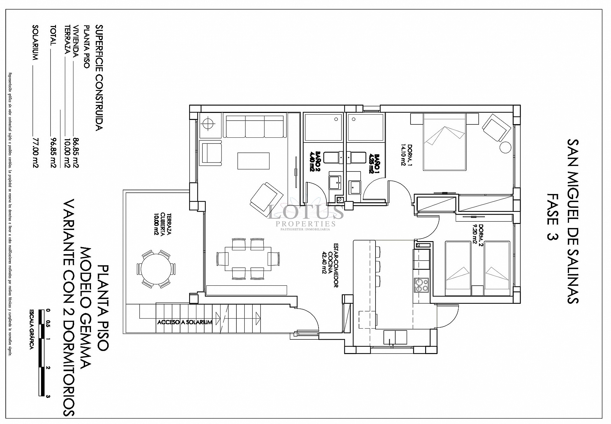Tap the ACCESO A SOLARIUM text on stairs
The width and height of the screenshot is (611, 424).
[x=185, y=322]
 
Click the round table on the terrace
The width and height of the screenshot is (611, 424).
[x=156, y=269]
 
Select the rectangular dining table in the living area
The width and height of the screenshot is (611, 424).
[x=248, y=259]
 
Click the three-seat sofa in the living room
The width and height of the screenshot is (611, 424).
[x=255, y=126]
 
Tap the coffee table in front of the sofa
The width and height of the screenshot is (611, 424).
[x=254, y=161]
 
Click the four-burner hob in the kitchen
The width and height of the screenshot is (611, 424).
[x=421, y=285]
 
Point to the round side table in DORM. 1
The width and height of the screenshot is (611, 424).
[x=505, y=147]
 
